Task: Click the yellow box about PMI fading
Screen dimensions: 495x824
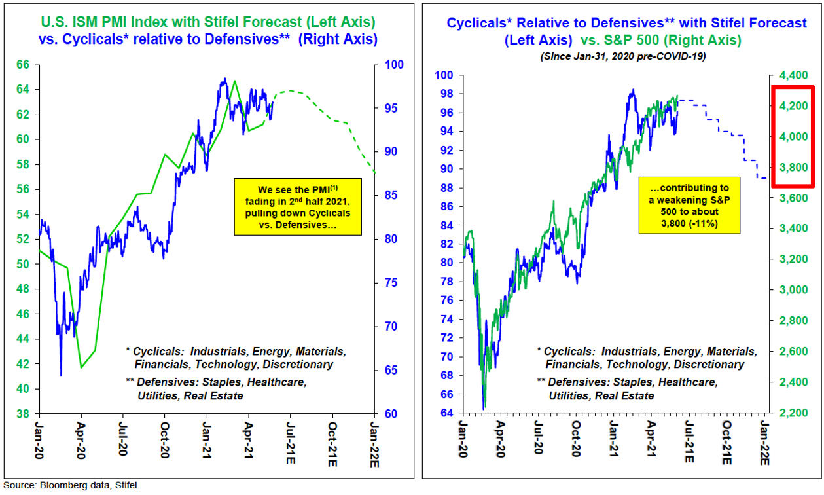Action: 297,206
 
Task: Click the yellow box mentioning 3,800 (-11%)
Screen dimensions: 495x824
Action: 690,205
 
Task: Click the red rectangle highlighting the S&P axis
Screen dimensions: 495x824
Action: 793,136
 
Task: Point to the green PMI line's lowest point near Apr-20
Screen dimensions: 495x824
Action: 81,367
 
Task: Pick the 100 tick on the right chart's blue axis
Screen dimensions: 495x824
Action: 447,75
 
